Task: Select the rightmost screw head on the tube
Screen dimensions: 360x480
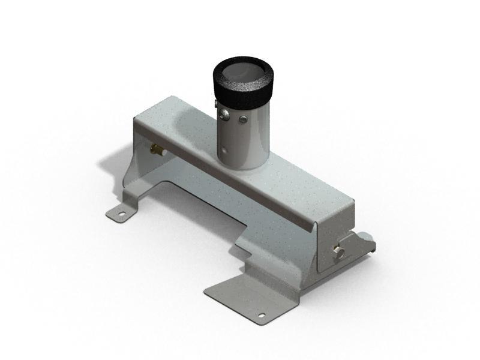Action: click(244, 119)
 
